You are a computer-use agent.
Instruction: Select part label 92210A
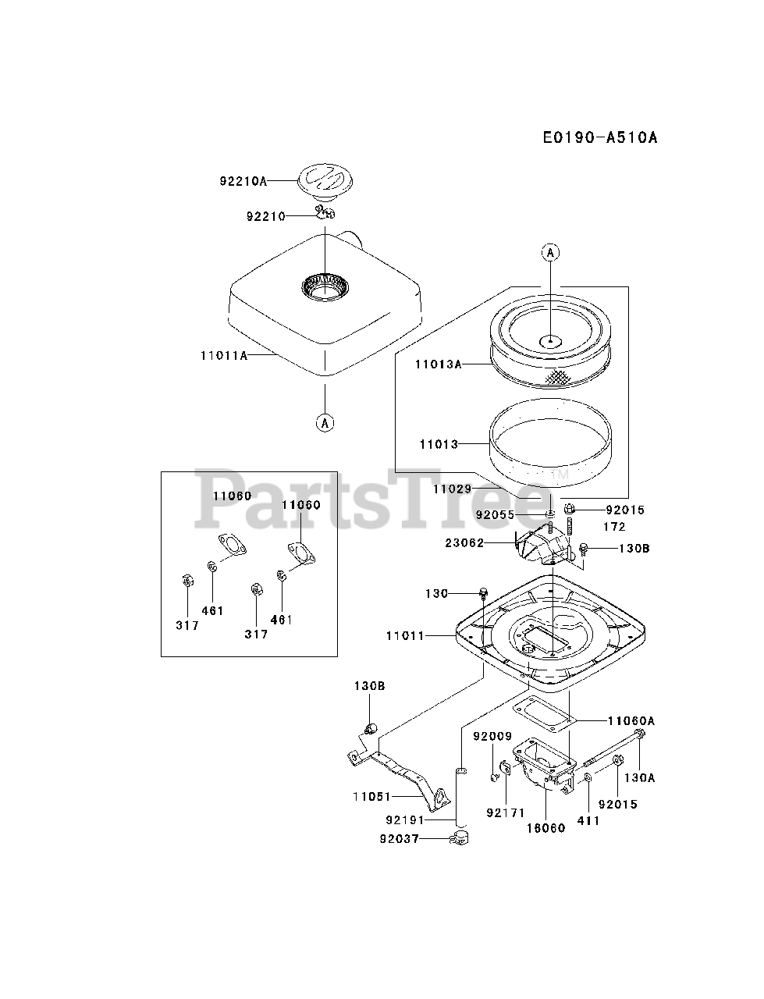[243, 181]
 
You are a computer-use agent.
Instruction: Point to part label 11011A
[223, 355]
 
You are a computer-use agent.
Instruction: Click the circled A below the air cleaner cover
[324, 422]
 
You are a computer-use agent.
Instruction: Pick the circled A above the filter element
[550, 252]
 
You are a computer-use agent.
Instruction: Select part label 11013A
[439, 364]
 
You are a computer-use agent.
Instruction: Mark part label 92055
[495, 515]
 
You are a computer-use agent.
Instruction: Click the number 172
[614, 527]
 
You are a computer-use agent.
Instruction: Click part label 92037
[400, 838]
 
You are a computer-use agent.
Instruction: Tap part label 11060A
[631, 720]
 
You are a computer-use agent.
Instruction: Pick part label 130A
[638, 777]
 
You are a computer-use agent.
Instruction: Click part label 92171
[505, 812]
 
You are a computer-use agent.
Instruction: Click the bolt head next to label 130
[484, 593]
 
